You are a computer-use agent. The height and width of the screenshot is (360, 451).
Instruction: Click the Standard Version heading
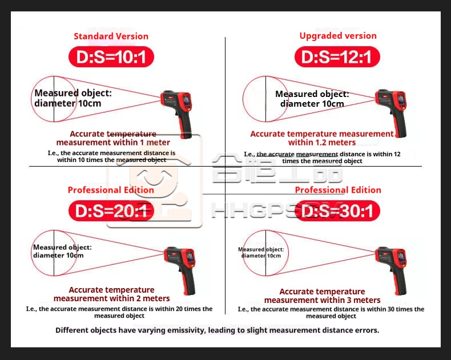111,37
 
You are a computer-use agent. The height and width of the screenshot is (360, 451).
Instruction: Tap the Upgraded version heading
338,36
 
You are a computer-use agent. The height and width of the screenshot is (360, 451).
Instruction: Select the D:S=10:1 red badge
111,56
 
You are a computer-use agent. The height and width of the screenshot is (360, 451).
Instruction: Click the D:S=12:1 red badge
337,56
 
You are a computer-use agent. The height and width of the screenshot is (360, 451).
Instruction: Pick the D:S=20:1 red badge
111,211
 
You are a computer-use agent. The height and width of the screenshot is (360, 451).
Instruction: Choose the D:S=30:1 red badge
337,211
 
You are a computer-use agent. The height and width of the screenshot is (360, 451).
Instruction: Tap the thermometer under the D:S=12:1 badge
392,113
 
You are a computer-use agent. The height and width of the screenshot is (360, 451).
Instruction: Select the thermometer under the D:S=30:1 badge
392,270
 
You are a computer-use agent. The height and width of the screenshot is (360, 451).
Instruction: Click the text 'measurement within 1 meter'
113,142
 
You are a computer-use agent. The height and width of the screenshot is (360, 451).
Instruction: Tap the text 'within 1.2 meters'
322,142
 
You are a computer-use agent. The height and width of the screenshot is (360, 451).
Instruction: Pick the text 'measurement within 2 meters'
111,298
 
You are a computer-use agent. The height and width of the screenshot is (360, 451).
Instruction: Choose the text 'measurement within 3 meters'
322,300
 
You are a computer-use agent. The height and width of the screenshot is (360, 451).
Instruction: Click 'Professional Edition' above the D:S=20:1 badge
111,190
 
